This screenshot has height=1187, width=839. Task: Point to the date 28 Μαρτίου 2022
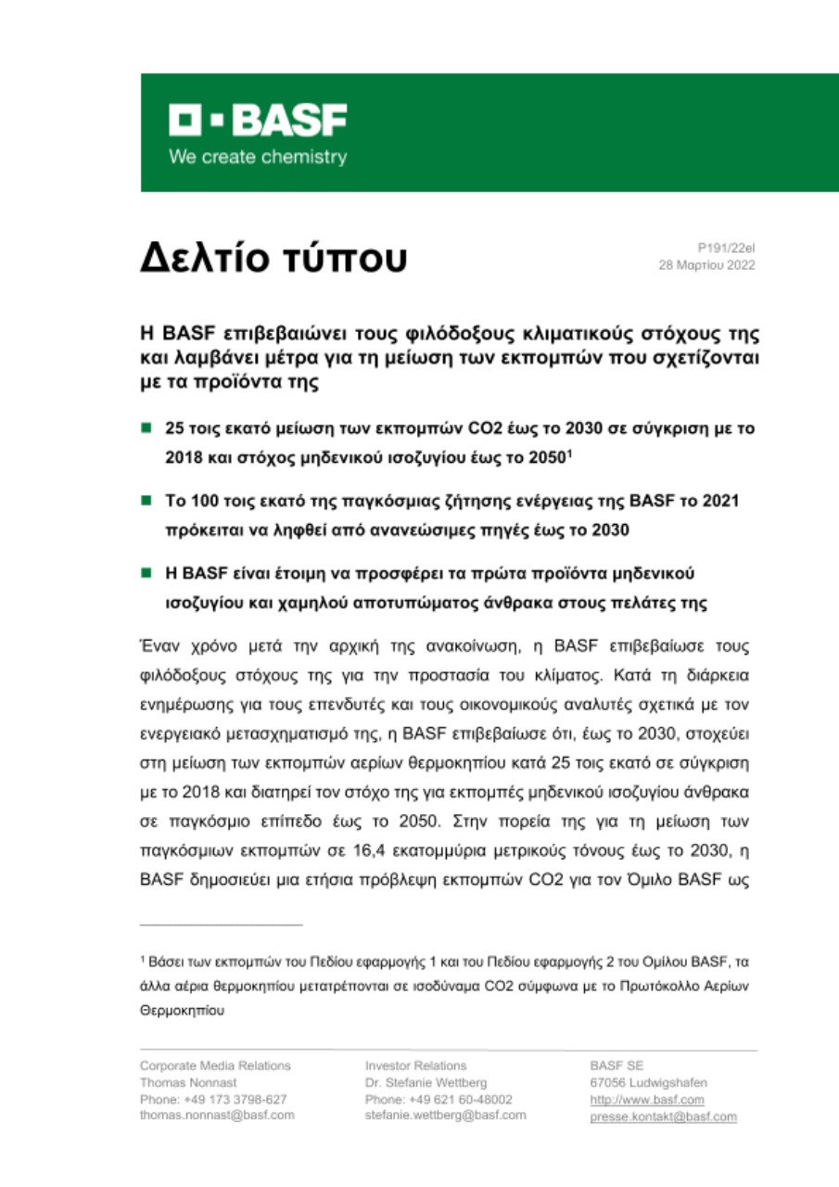(706, 265)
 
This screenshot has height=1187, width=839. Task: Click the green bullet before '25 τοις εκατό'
(146, 429)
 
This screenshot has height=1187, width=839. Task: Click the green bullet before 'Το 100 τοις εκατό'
(146, 502)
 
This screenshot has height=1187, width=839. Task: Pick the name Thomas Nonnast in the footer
(184, 1082)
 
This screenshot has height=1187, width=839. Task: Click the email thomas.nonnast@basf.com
(217, 1115)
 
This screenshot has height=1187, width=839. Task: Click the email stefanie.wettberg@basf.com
(446, 1115)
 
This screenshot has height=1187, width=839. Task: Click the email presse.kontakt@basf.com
(663, 1117)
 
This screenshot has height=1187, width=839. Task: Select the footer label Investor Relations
(416, 1066)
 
